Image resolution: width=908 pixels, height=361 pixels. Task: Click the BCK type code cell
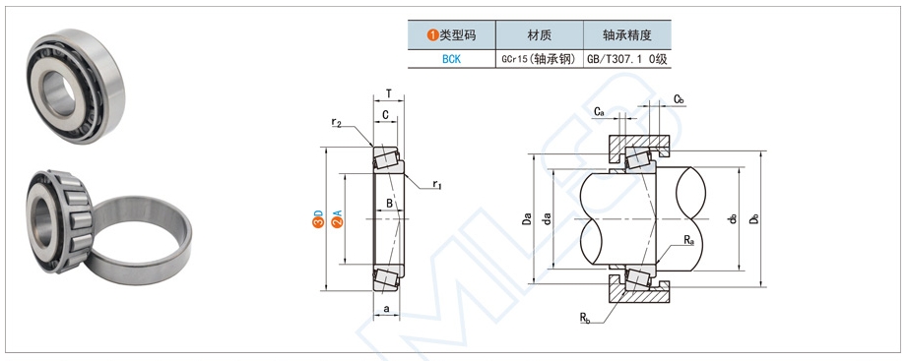[x=451, y=59]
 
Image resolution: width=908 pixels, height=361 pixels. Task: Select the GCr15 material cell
[x=539, y=59]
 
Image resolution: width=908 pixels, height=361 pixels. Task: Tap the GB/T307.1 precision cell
[x=627, y=59]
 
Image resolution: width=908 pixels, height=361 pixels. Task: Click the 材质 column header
[x=539, y=35]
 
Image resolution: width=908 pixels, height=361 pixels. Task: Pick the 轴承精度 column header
[x=627, y=35]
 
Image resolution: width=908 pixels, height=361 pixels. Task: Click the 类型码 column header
[x=451, y=35]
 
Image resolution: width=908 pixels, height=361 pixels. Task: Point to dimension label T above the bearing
[x=388, y=94]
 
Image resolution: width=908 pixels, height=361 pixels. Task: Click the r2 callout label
[x=337, y=123]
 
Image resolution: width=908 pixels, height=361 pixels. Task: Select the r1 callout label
[x=437, y=184]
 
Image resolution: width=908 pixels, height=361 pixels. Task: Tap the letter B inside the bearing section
[x=390, y=204]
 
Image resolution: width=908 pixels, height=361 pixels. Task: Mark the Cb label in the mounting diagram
[x=680, y=99]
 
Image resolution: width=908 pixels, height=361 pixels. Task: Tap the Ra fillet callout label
[x=688, y=240]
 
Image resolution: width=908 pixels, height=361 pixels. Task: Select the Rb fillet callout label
[x=585, y=317]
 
